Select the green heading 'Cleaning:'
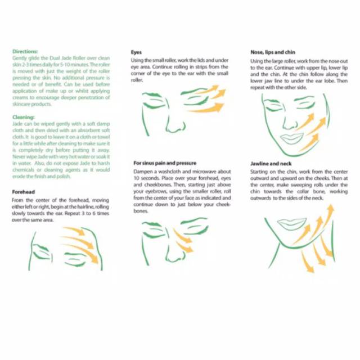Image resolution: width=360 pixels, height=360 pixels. pos(24,117)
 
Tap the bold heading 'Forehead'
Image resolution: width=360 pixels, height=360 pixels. pos(24,192)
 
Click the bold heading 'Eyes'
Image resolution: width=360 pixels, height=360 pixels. pos(136,52)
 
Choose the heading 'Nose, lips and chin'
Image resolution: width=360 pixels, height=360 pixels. pos(273,52)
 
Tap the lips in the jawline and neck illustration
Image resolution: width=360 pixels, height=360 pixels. pos(292,223)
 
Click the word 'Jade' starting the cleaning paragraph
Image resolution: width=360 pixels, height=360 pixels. pos(18,123)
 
